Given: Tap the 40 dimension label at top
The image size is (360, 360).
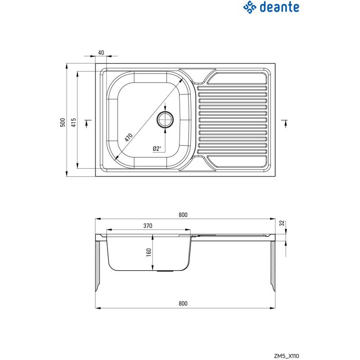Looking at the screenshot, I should (101, 53).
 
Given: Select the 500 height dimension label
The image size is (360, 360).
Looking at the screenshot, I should (63, 122).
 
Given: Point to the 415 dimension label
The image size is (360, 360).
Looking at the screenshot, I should (73, 122).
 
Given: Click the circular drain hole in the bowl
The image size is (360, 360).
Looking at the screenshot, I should (165, 120).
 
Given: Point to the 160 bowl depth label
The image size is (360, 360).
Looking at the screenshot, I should (149, 253).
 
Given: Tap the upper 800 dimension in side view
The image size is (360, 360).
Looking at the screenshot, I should (183, 215).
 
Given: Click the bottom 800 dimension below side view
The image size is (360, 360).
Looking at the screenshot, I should (183, 303).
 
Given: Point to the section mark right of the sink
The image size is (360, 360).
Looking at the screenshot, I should (284, 123).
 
